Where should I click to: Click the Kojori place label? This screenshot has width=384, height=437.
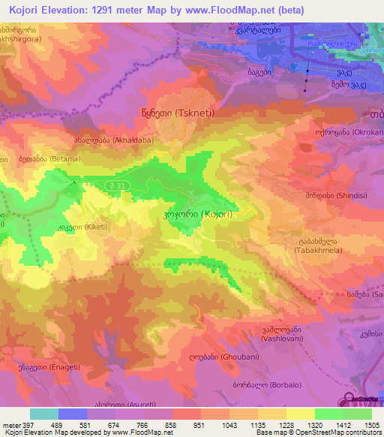(197, 214)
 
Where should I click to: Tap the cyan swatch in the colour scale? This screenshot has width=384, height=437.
(43, 414)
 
